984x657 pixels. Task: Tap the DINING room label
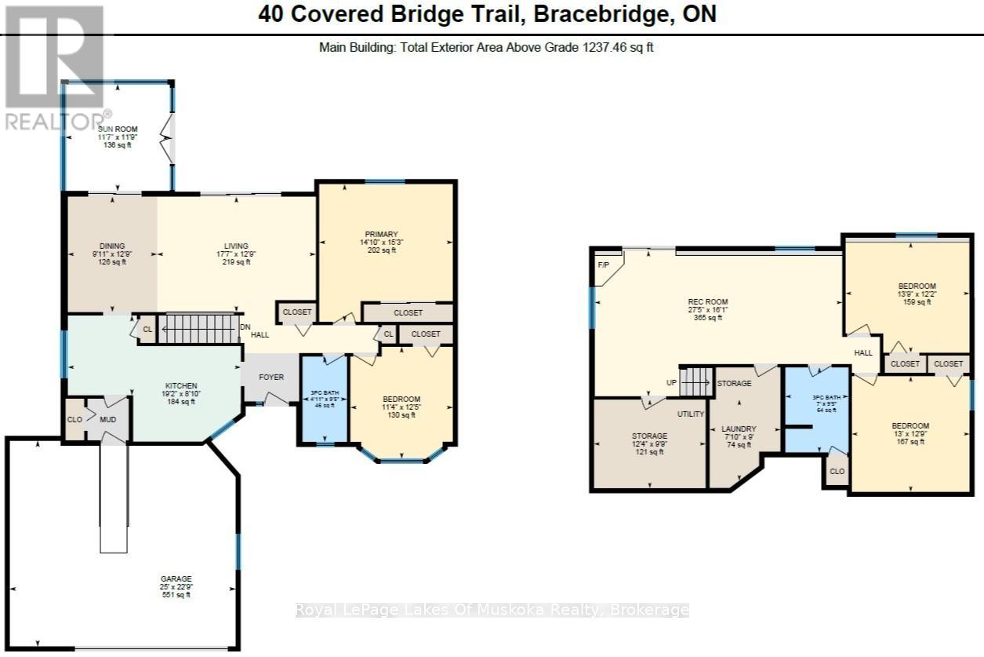pos(112,246)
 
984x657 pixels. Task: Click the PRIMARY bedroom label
pos(381,234)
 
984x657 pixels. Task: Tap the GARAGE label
pos(177,579)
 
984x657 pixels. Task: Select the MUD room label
pos(107,419)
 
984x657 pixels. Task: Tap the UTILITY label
pos(691,414)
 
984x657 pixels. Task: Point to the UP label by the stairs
pos(672,383)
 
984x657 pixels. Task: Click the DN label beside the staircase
pos(245,327)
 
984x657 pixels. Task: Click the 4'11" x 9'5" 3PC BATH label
pos(324,390)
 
